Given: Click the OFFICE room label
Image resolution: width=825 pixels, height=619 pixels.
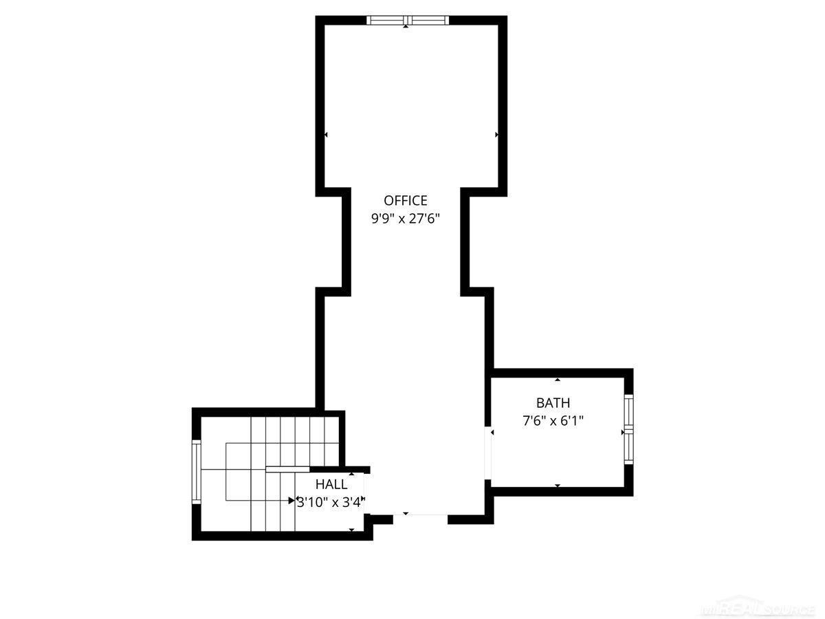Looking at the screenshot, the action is click(x=405, y=200).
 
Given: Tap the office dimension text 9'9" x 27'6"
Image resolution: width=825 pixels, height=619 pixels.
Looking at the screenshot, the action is click(x=405, y=218).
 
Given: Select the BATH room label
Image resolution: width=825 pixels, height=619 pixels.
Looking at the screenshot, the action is click(x=553, y=402).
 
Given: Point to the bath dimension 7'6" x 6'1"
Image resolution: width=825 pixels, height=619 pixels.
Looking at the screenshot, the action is click(x=553, y=420).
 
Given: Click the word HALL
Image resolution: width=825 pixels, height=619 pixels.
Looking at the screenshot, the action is click(x=331, y=484).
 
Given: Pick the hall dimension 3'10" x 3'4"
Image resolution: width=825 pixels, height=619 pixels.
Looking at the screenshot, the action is click(x=331, y=502).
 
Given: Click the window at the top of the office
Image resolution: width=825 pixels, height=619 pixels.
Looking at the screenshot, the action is click(x=408, y=21).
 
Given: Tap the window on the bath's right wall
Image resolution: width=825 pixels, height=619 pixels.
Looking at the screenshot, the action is click(x=629, y=429).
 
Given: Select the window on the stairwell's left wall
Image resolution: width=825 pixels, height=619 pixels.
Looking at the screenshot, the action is click(x=197, y=472).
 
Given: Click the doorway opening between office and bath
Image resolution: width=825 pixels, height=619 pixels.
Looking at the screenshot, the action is click(x=488, y=453).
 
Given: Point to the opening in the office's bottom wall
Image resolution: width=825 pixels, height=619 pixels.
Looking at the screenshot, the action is click(x=420, y=519).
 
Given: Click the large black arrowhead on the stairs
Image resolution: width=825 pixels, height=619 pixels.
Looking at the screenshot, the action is click(x=291, y=501).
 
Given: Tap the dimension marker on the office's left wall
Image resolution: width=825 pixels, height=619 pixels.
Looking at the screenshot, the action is click(x=326, y=135).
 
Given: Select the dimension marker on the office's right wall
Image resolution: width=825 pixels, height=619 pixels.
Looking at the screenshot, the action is click(x=497, y=135).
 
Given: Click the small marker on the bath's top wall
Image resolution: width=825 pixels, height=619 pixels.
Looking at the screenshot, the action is click(x=558, y=380).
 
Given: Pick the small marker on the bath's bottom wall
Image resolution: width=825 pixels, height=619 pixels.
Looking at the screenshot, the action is click(x=558, y=486).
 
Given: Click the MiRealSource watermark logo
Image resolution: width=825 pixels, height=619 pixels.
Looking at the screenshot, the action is click(x=758, y=607).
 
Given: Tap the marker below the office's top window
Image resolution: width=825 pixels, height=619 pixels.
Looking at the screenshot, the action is click(x=406, y=26).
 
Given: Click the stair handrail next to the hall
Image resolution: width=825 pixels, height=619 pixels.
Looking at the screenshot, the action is click(x=287, y=469).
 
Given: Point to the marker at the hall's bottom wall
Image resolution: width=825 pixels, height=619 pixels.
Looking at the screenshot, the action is click(x=351, y=530).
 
